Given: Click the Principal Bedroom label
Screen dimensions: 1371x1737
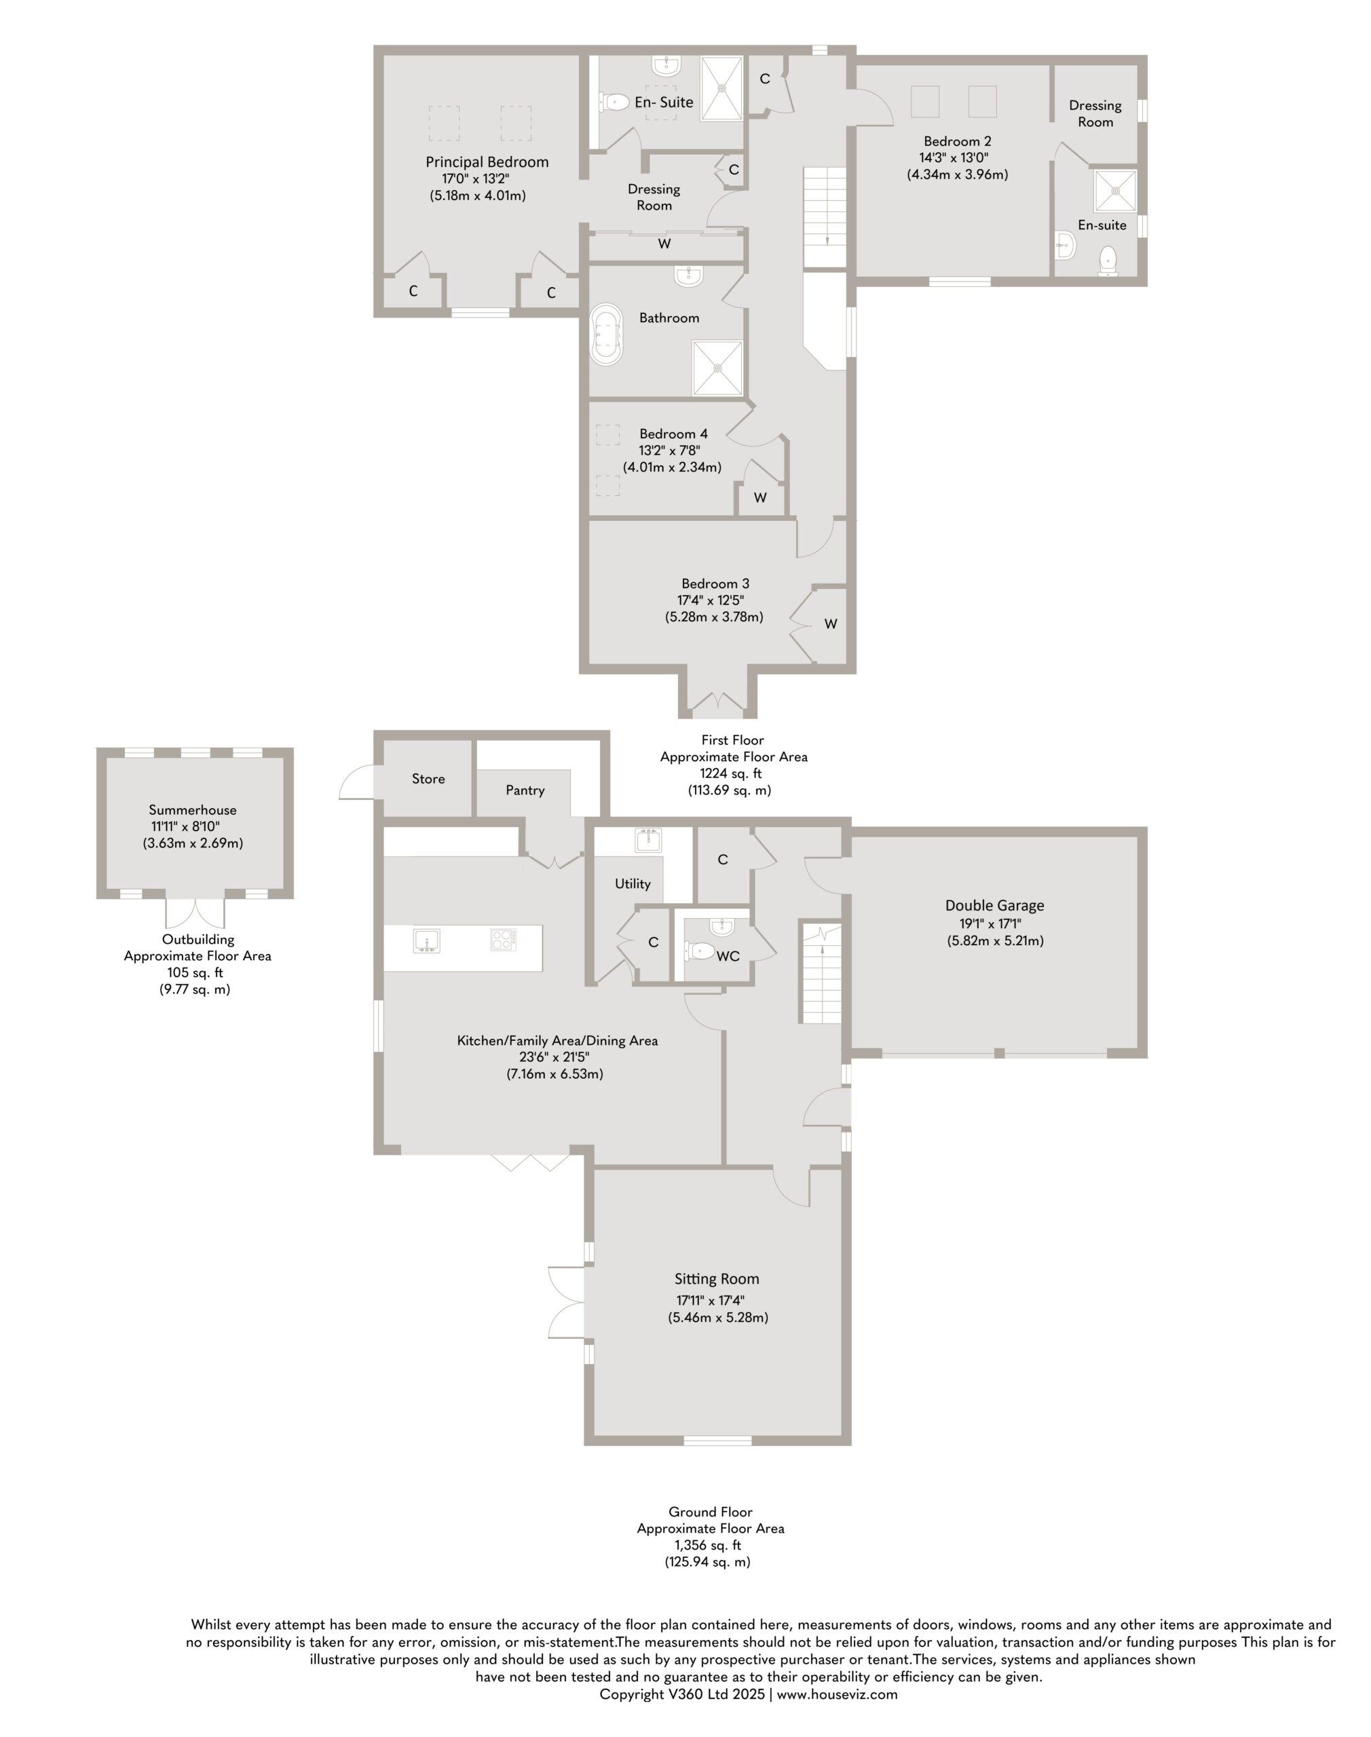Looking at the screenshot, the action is point(487,162).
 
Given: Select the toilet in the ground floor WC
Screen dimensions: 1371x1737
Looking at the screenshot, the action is point(700,951).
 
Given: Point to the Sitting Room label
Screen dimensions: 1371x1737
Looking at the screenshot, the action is point(717,1280).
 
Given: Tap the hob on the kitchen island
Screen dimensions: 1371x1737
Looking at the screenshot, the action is point(504,940).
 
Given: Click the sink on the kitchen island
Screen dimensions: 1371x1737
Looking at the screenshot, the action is point(426,940).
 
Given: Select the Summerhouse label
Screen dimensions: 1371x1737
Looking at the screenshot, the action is point(193,810).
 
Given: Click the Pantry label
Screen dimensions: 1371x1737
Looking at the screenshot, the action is point(525,790).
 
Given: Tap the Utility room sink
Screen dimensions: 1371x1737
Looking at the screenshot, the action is point(647,840).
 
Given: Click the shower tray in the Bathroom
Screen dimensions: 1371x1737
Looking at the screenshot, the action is point(717,368).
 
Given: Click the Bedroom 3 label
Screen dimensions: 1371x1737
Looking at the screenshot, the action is point(715,584).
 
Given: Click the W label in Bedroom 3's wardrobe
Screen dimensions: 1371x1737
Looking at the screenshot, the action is point(831,624).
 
